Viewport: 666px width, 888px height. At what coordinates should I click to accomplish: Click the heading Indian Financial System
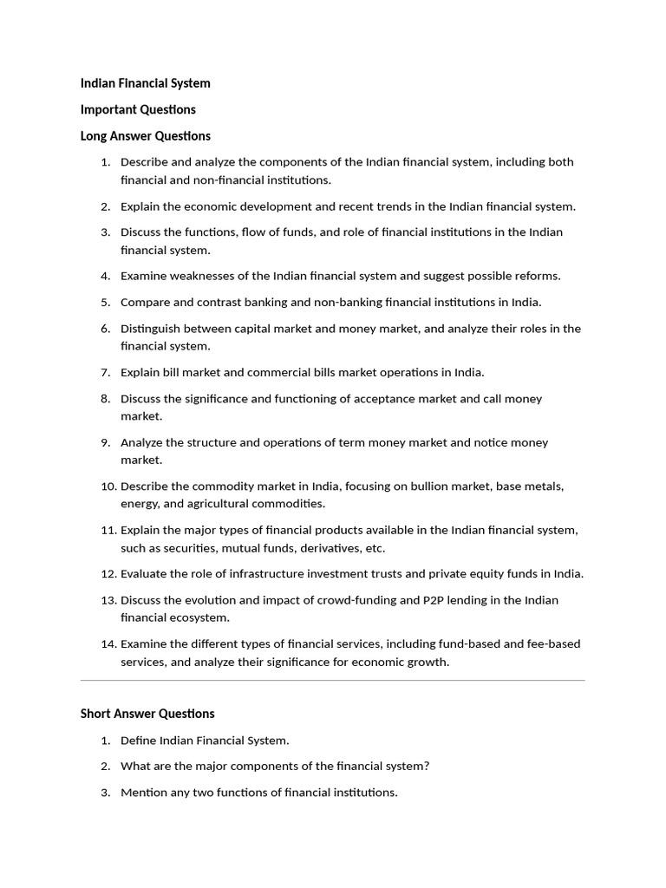145,83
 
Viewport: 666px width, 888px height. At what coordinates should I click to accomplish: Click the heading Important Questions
138,109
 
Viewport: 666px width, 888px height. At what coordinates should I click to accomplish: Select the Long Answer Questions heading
145,136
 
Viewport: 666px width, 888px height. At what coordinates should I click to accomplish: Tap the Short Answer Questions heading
147,714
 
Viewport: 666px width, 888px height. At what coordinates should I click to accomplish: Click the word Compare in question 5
145,303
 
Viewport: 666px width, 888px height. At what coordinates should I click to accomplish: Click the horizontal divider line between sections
332,681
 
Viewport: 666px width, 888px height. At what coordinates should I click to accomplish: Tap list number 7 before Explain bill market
105,373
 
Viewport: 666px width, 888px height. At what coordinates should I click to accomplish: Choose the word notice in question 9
490,443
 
